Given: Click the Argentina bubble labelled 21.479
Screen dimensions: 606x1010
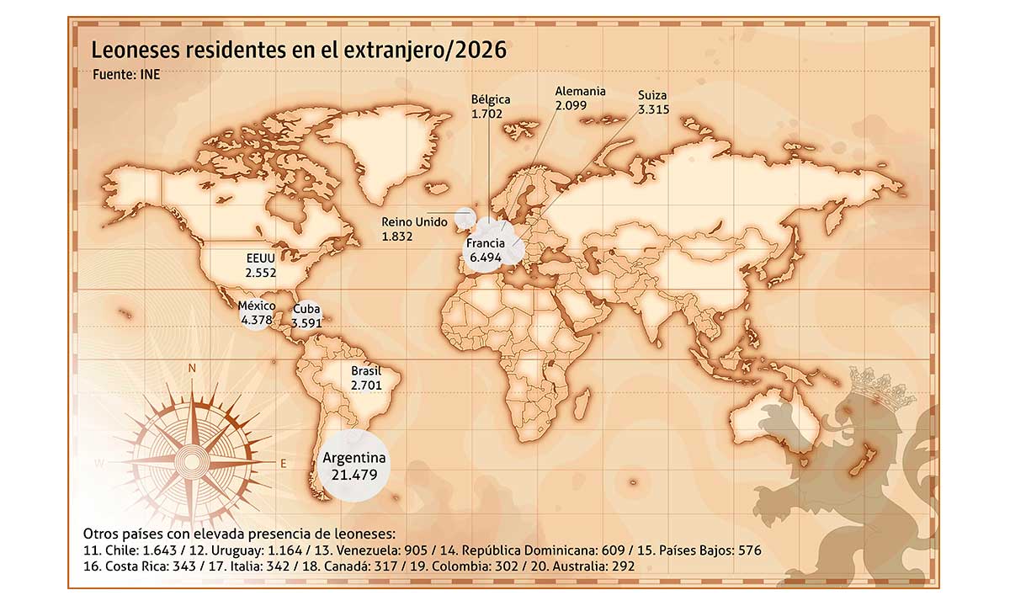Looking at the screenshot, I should click(x=353, y=465).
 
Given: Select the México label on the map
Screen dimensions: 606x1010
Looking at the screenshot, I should click(x=257, y=306).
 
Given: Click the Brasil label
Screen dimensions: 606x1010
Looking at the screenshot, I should click(x=366, y=370).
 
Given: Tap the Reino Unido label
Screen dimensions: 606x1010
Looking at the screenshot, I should click(x=414, y=222).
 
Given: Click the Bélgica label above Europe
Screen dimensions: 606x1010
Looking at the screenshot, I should click(x=491, y=99).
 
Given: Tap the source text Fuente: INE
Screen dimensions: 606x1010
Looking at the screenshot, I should click(x=126, y=74).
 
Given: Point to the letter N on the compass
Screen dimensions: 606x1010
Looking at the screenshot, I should click(x=192, y=368).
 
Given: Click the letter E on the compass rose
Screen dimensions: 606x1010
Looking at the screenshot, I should click(x=283, y=463).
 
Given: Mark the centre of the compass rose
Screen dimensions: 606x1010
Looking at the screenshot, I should click(x=193, y=462).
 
